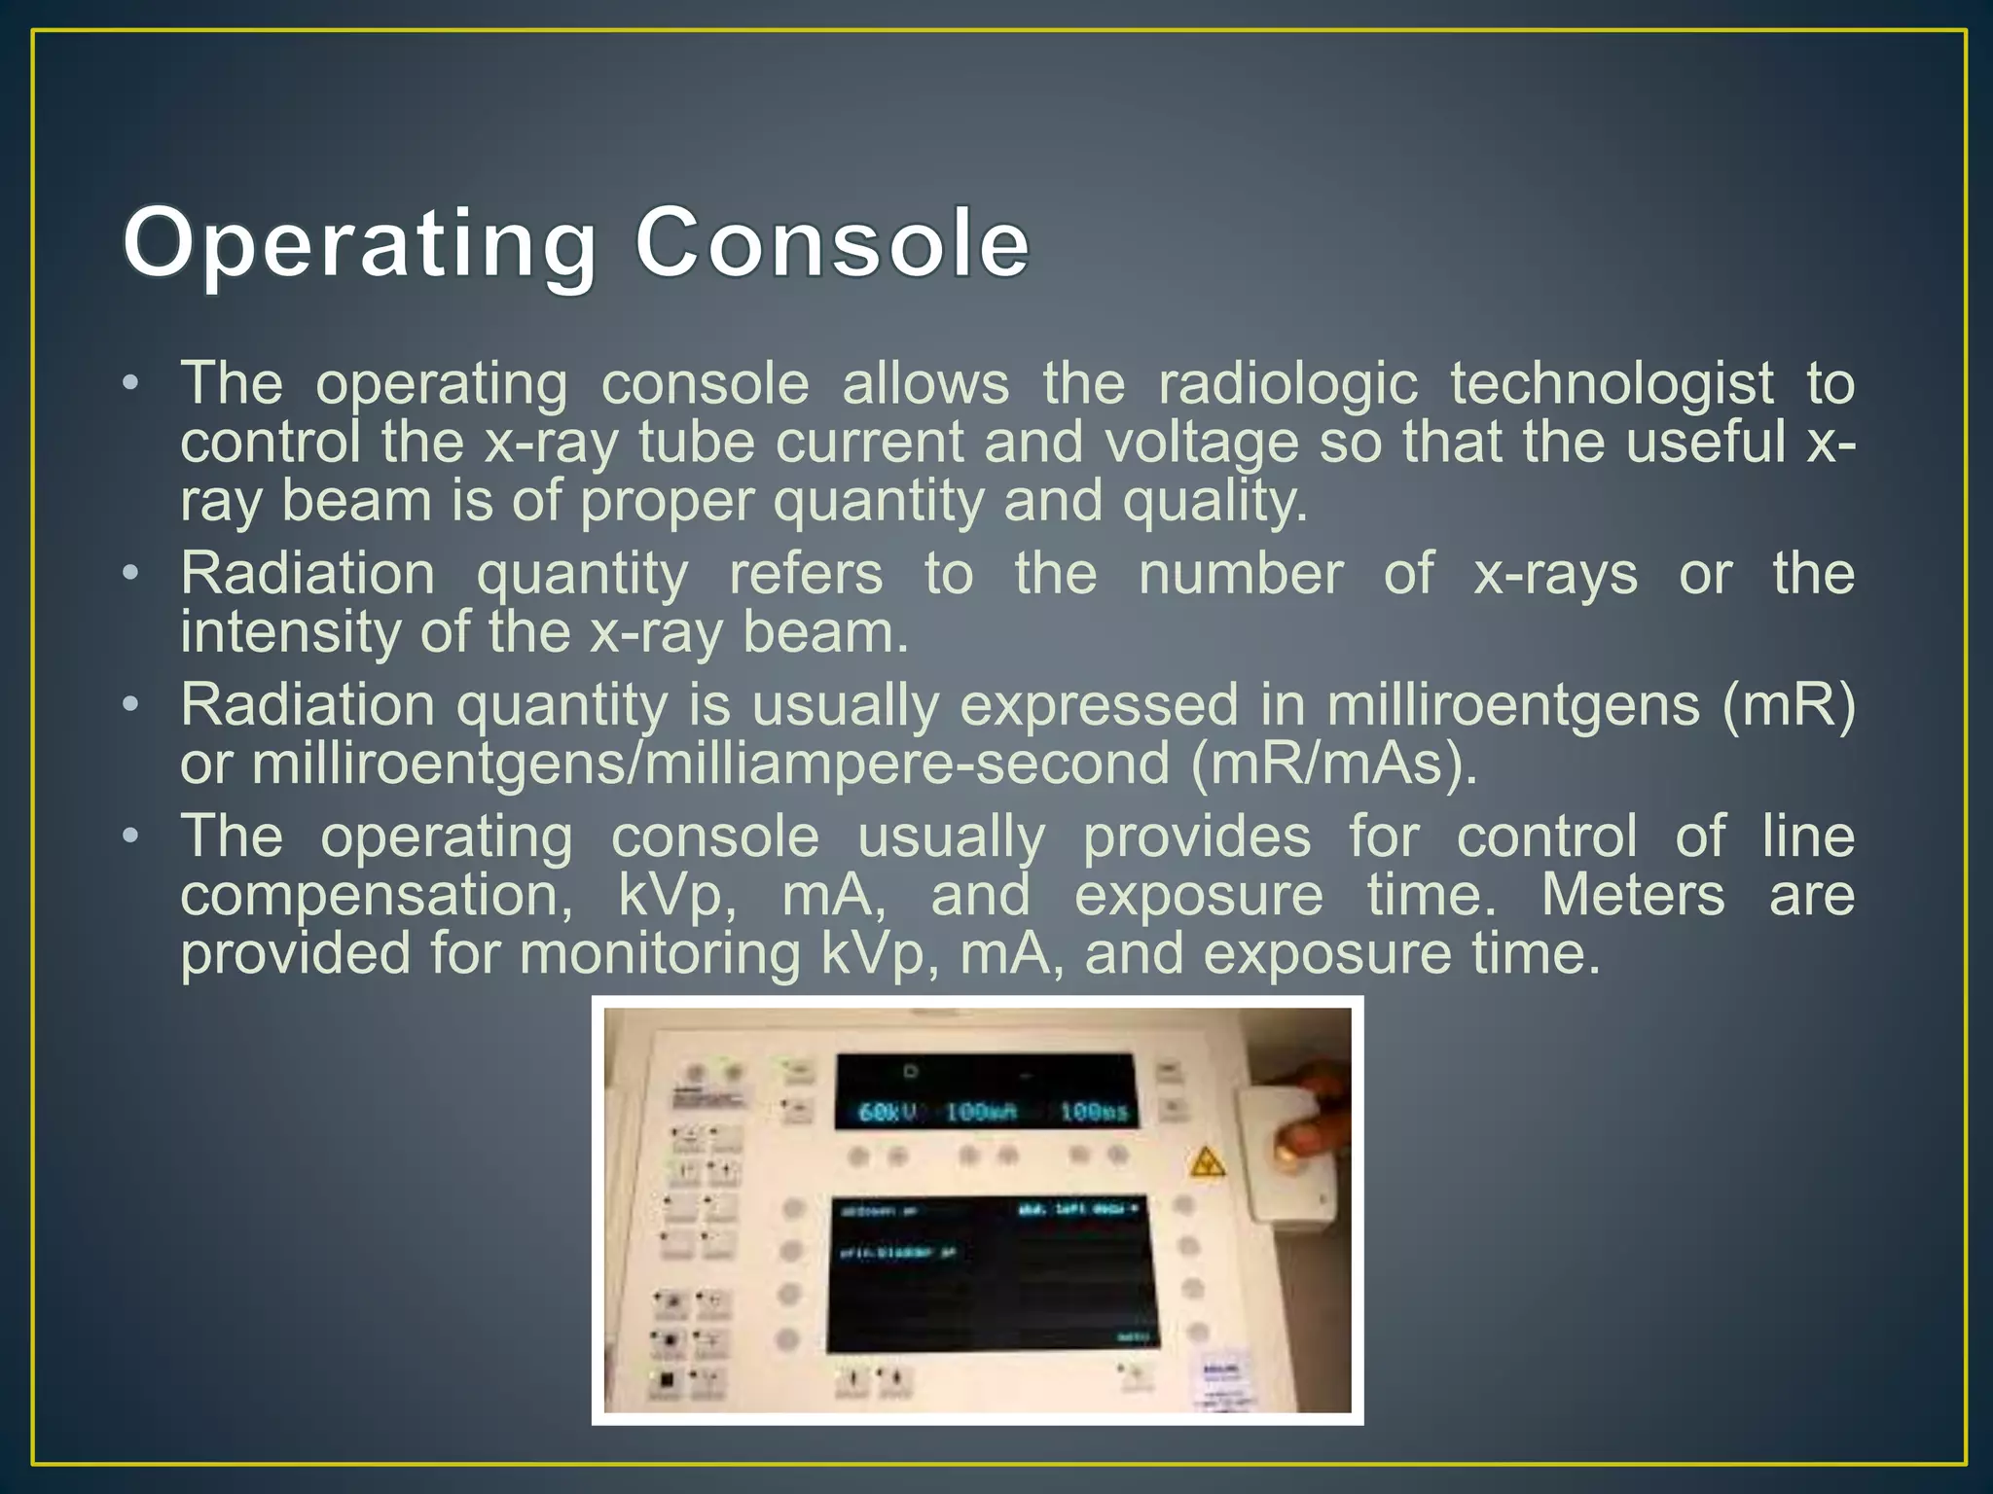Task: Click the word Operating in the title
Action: (359, 243)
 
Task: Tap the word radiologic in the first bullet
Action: (1287, 383)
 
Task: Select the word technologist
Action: (1613, 383)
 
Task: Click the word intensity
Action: (290, 632)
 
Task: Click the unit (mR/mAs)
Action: (1334, 764)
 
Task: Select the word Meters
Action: (1633, 895)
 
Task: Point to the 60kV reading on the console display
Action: (887, 1111)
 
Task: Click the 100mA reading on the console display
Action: (981, 1111)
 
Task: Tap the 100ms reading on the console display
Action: (1093, 1111)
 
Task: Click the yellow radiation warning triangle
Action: (1207, 1161)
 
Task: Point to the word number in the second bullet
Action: (1241, 574)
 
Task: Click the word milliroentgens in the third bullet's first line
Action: (1513, 704)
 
